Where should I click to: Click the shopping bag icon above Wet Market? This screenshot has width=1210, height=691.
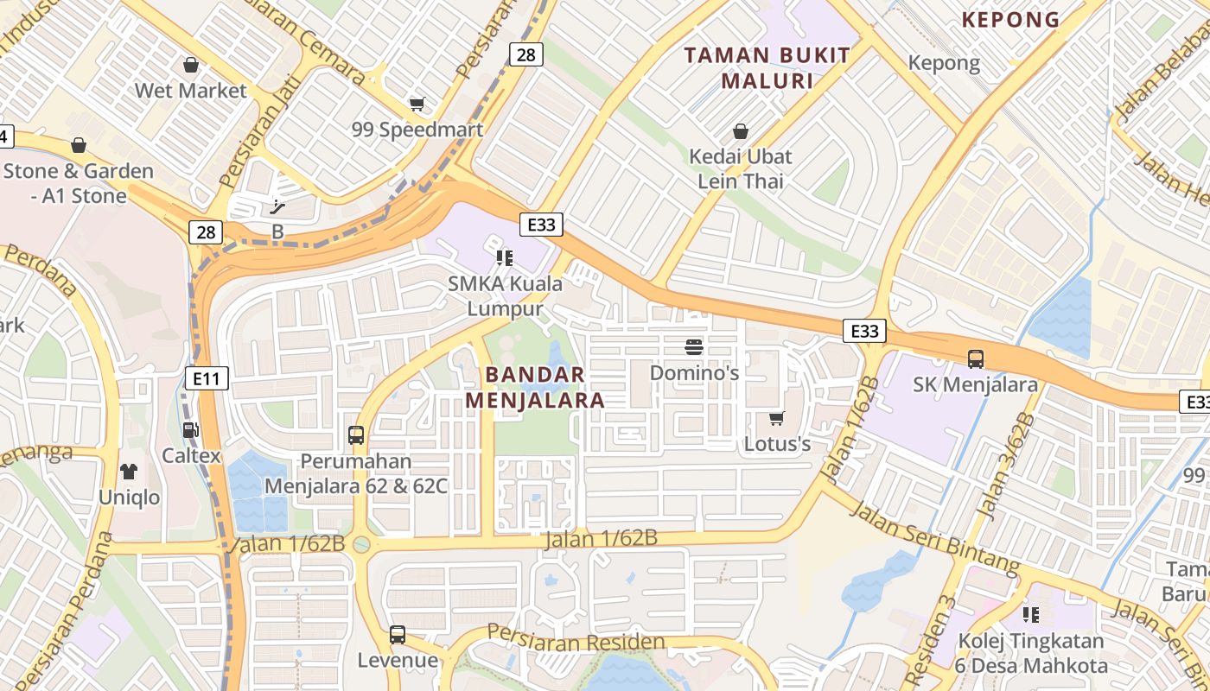tap(191, 65)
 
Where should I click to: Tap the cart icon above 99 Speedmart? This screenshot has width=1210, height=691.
tap(417, 104)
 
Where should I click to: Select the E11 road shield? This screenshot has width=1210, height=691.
tap(207, 377)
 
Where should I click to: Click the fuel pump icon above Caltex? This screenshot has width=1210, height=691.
tap(191, 429)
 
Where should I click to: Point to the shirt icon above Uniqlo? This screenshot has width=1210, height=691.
tap(129, 471)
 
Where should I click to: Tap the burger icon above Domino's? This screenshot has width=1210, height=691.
tap(694, 347)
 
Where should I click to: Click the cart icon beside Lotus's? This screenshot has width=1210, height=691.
tap(777, 418)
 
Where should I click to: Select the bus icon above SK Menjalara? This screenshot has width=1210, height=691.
tap(976, 358)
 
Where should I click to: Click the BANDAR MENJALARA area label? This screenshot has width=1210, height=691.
tap(535, 388)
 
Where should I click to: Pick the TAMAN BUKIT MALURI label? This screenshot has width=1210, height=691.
tap(767, 68)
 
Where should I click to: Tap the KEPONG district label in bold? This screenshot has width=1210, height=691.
tap(1010, 20)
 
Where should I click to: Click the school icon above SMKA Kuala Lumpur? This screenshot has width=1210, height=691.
tap(505, 257)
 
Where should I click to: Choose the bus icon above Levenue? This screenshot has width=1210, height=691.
tap(398, 635)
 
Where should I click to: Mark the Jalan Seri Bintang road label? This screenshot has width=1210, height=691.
tap(935, 536)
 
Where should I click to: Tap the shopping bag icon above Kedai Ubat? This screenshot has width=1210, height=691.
tap(741, 131)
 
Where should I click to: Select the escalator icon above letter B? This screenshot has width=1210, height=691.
tap(277, 206)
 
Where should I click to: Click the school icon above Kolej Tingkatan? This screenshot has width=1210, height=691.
tap(1031, 614)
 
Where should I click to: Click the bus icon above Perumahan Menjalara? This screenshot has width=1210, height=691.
tap(356, 434)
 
